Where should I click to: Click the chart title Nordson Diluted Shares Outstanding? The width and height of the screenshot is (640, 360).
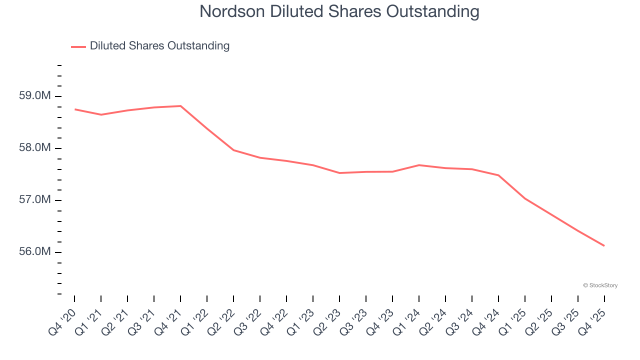(x=339, y=11)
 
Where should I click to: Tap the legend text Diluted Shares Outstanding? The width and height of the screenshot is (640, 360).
(x=159, y=46)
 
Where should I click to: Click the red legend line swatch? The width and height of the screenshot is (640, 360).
(x=78, y=46)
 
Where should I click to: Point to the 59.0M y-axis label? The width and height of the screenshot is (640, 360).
(x=34, y=95)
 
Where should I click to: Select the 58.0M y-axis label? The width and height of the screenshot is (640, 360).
(x=34, y=148)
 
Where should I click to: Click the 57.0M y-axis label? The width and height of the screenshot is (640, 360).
(x=34, y=200)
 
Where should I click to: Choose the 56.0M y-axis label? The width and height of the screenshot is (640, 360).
(x=34, y=251)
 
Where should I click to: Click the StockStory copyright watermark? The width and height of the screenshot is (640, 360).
(x=600, y=285)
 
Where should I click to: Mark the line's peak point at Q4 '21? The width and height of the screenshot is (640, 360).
(x=180, y=106)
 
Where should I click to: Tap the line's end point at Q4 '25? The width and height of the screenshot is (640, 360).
(x=604, y=245)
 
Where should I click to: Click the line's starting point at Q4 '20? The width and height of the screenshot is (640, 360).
(x=74, y=109)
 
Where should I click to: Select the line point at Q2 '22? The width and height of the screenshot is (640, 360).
(x=233, y=150)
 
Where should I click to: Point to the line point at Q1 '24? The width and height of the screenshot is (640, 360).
(x=419, y=165)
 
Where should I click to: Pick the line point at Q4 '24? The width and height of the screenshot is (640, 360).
(x=498, y=175)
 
